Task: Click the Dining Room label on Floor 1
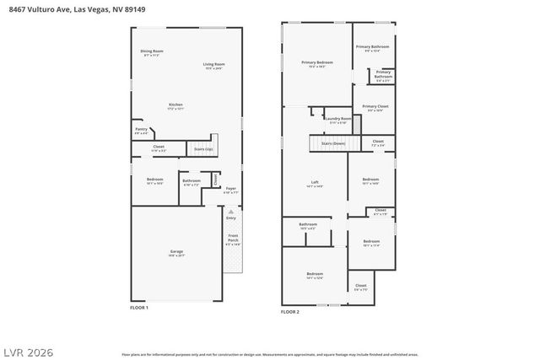pyautogui.click(x=152, y=53)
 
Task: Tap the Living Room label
pyautogui.click(x=214, y=66)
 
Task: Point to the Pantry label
pyautogui.click(x=141, y=131)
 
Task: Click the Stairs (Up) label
pyautogui.click(x=203, y=149)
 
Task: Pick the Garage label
pyautogui.click(x=176, y=252)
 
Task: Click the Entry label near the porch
pyautogui.click(x=231, y=218)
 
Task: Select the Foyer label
pyautogui.click(x=230, y=190)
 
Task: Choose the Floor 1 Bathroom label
pyautogui.click(x=192, y=180)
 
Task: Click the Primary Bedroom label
pyautogui.click(x=317, y=63)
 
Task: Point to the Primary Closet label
pyautogui.click(x=375, y=107)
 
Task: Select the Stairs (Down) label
pyautogui.click(x=333, y=143)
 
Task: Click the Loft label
pyautogui.click(x=315, y=184)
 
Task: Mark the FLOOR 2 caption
pyautogui.click(x=290, y=311)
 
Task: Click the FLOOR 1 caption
pyautogui.click(x=139, y=308)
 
